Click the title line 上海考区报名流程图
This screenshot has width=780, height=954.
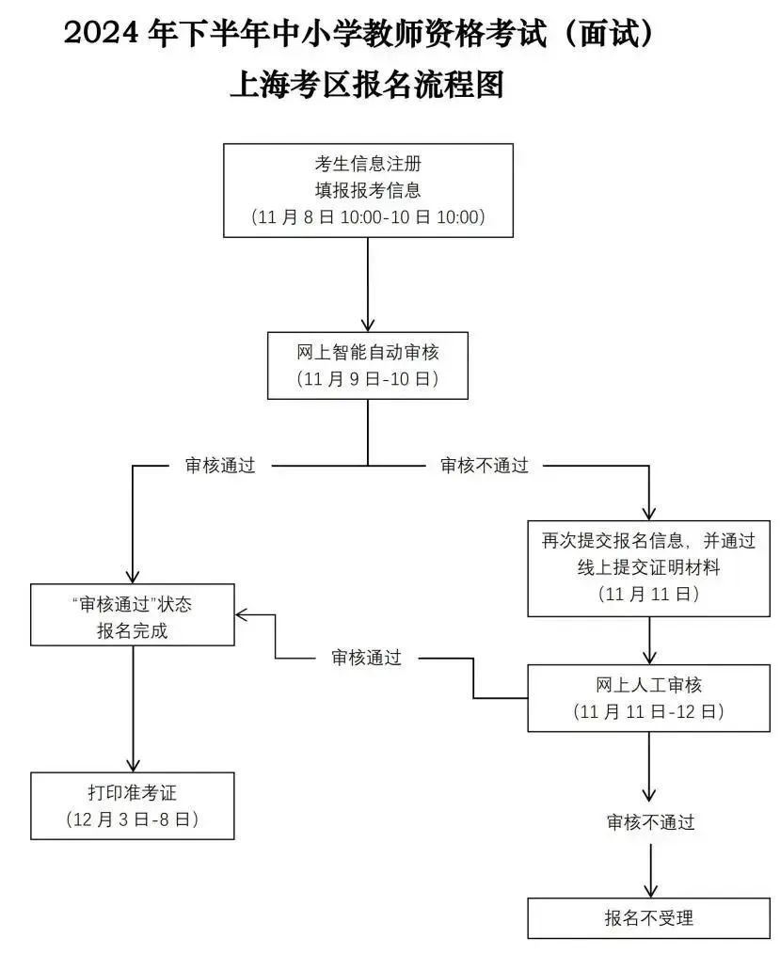coord(367,85)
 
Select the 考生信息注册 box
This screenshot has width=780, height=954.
coord(368,189)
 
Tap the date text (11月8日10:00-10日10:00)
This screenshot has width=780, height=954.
coord(368,217)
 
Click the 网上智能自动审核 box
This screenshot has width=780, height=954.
coord(368,365)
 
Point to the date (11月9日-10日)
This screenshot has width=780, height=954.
coord(368,379)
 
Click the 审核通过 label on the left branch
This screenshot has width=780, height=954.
coord(220,466)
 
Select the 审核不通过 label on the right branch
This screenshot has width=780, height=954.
coord(485,466)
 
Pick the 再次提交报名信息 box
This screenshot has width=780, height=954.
coord(648,567)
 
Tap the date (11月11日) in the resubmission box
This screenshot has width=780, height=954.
coord(648,595)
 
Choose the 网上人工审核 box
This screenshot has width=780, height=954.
coord(648,697)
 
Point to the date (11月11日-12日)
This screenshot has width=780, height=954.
coord(648,711)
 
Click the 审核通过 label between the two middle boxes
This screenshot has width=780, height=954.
coord(366,658)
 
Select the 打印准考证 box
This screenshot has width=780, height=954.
coord(132,804)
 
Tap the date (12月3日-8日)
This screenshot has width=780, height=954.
coord(132,819)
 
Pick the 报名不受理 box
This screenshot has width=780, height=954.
coord(648,918)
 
